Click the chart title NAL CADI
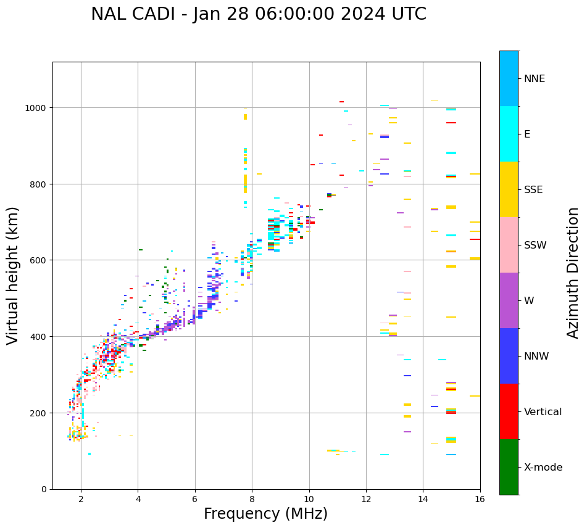[x=258, y=14]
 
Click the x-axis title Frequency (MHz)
[x=265, y=514]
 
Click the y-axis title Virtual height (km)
[x=13, y=275]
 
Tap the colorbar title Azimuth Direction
[x=573, y=273]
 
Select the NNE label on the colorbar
[x=534, y=78]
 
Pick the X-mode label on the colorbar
[x=543, y=468]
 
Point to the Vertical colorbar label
[x=543, y=412]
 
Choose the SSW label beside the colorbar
[x=535, y=245]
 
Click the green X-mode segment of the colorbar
[x=509, y=467]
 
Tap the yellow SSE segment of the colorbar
[x=509, y=189]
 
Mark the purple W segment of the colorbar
[x=509, y=300]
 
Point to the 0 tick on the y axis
[x=44, y=489]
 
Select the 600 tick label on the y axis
[x=39, y=260]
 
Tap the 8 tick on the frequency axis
[x=252, y=499]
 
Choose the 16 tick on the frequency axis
[x=480, y=499]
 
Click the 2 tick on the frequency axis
[x=81, y=499]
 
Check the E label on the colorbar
[x=527, y=134]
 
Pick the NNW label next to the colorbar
[x=536, y=357]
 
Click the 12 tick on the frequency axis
[x=366, y=499]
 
